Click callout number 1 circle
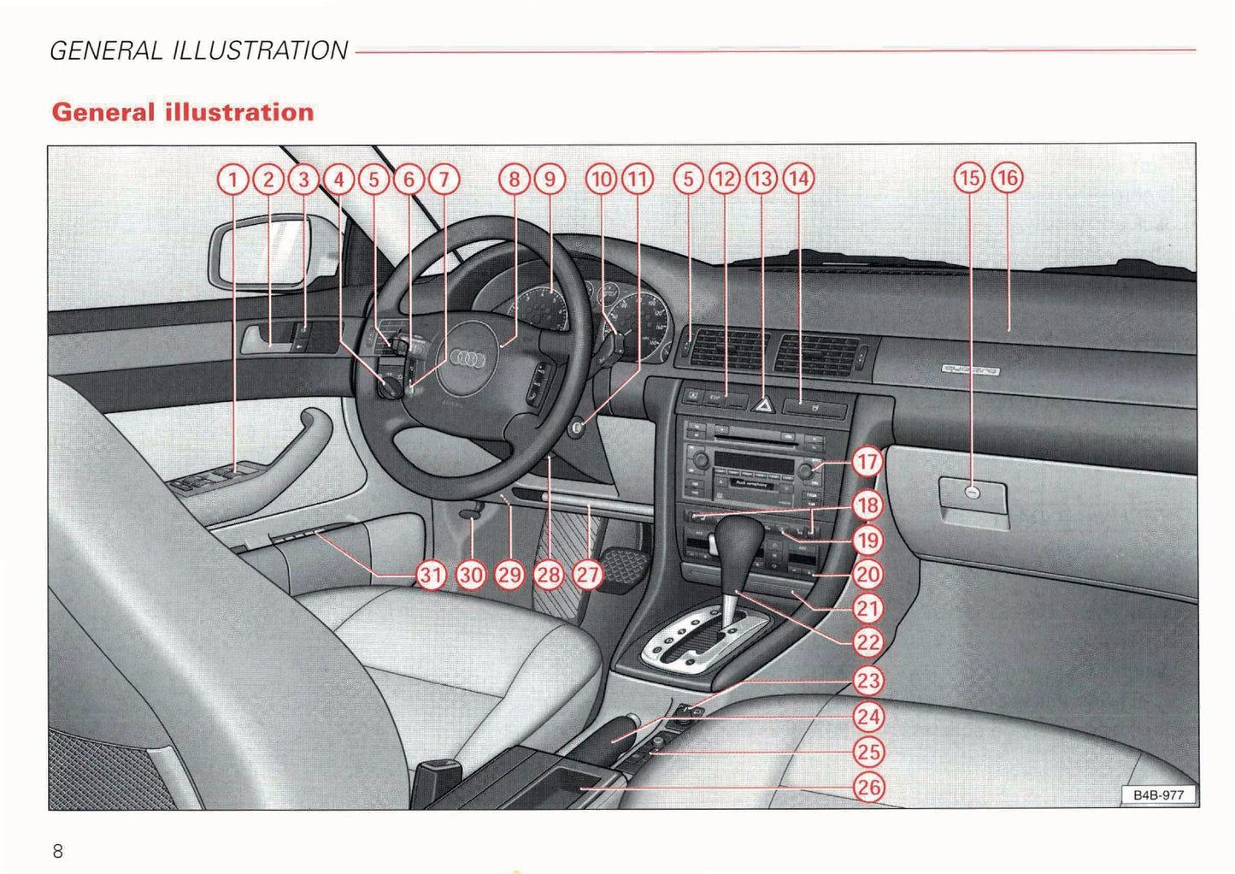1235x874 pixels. tap(232, 180)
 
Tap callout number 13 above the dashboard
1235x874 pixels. tap(761, 179)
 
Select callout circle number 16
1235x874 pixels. tap(1008, 178)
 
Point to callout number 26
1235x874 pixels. tap(868, 787)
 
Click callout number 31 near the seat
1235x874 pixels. tap(431, 575)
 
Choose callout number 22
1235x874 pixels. tap(868, 643)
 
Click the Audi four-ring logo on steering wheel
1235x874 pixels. tap(468, 359)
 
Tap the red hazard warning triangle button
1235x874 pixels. tap(762, 405)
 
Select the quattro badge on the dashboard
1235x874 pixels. tap(970, 370)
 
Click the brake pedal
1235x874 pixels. tap(624, 564)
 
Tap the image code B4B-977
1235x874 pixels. tap(1158, 795)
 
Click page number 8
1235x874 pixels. tap(58, 851)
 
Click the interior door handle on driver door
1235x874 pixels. tap(262, 340)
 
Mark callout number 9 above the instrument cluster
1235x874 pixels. tap(550, 179)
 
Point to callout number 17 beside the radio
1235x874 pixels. tap(867, 463)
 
